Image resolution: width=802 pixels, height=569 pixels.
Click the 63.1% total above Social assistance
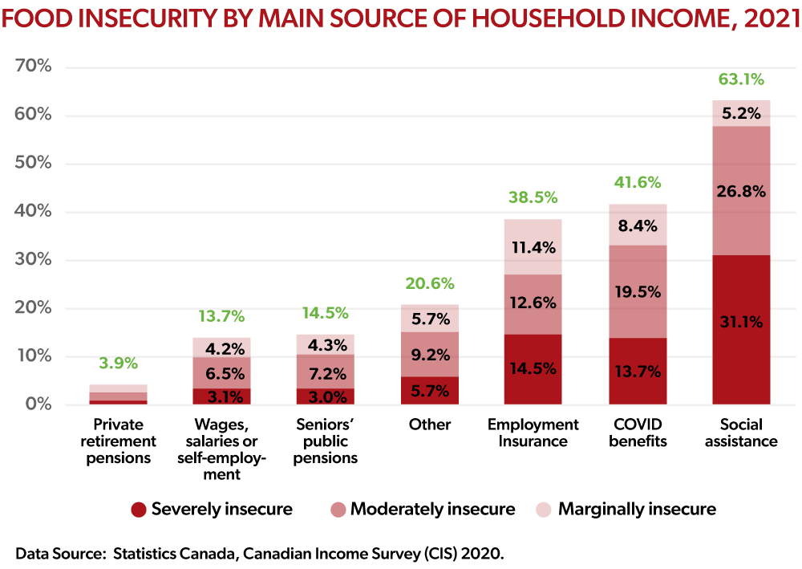740,79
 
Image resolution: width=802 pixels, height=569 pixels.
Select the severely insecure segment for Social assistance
741,330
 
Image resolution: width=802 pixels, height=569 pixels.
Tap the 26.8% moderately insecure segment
741,190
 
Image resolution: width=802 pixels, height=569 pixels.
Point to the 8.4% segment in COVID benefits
638,225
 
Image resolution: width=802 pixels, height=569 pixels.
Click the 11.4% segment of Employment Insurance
533,246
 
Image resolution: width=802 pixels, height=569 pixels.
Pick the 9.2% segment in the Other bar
430,354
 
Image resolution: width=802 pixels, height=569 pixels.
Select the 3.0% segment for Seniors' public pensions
326,396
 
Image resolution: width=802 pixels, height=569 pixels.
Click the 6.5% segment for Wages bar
221,373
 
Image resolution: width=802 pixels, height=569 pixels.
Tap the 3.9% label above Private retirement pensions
118,364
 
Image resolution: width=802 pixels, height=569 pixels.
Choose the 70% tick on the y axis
33,66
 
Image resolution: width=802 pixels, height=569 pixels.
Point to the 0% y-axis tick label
38,404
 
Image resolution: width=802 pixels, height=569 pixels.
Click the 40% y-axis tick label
33,211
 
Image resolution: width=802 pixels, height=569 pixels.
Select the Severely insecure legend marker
139,510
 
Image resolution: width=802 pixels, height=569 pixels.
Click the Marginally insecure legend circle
543,510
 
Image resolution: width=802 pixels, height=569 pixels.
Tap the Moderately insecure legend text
433,509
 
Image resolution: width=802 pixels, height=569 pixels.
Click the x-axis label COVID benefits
638,433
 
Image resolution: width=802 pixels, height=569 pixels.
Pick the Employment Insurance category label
533,433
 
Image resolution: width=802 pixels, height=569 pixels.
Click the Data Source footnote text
259,554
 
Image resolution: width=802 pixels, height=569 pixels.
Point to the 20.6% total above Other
430,283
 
